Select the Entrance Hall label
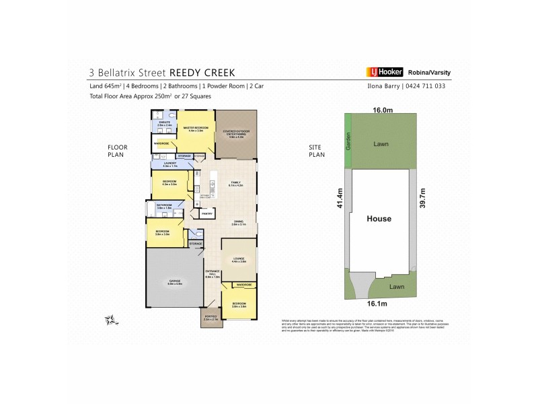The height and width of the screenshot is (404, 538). click(x=213, y=274)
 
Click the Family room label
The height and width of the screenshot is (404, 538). click(x=236, y=183)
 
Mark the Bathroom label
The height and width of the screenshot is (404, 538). click(x=165, y=207)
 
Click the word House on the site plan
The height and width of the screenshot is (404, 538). click(x=379, y=219)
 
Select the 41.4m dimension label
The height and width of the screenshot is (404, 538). click(x=340, y=199)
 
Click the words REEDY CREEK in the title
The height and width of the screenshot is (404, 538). click(x=202, y=72)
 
